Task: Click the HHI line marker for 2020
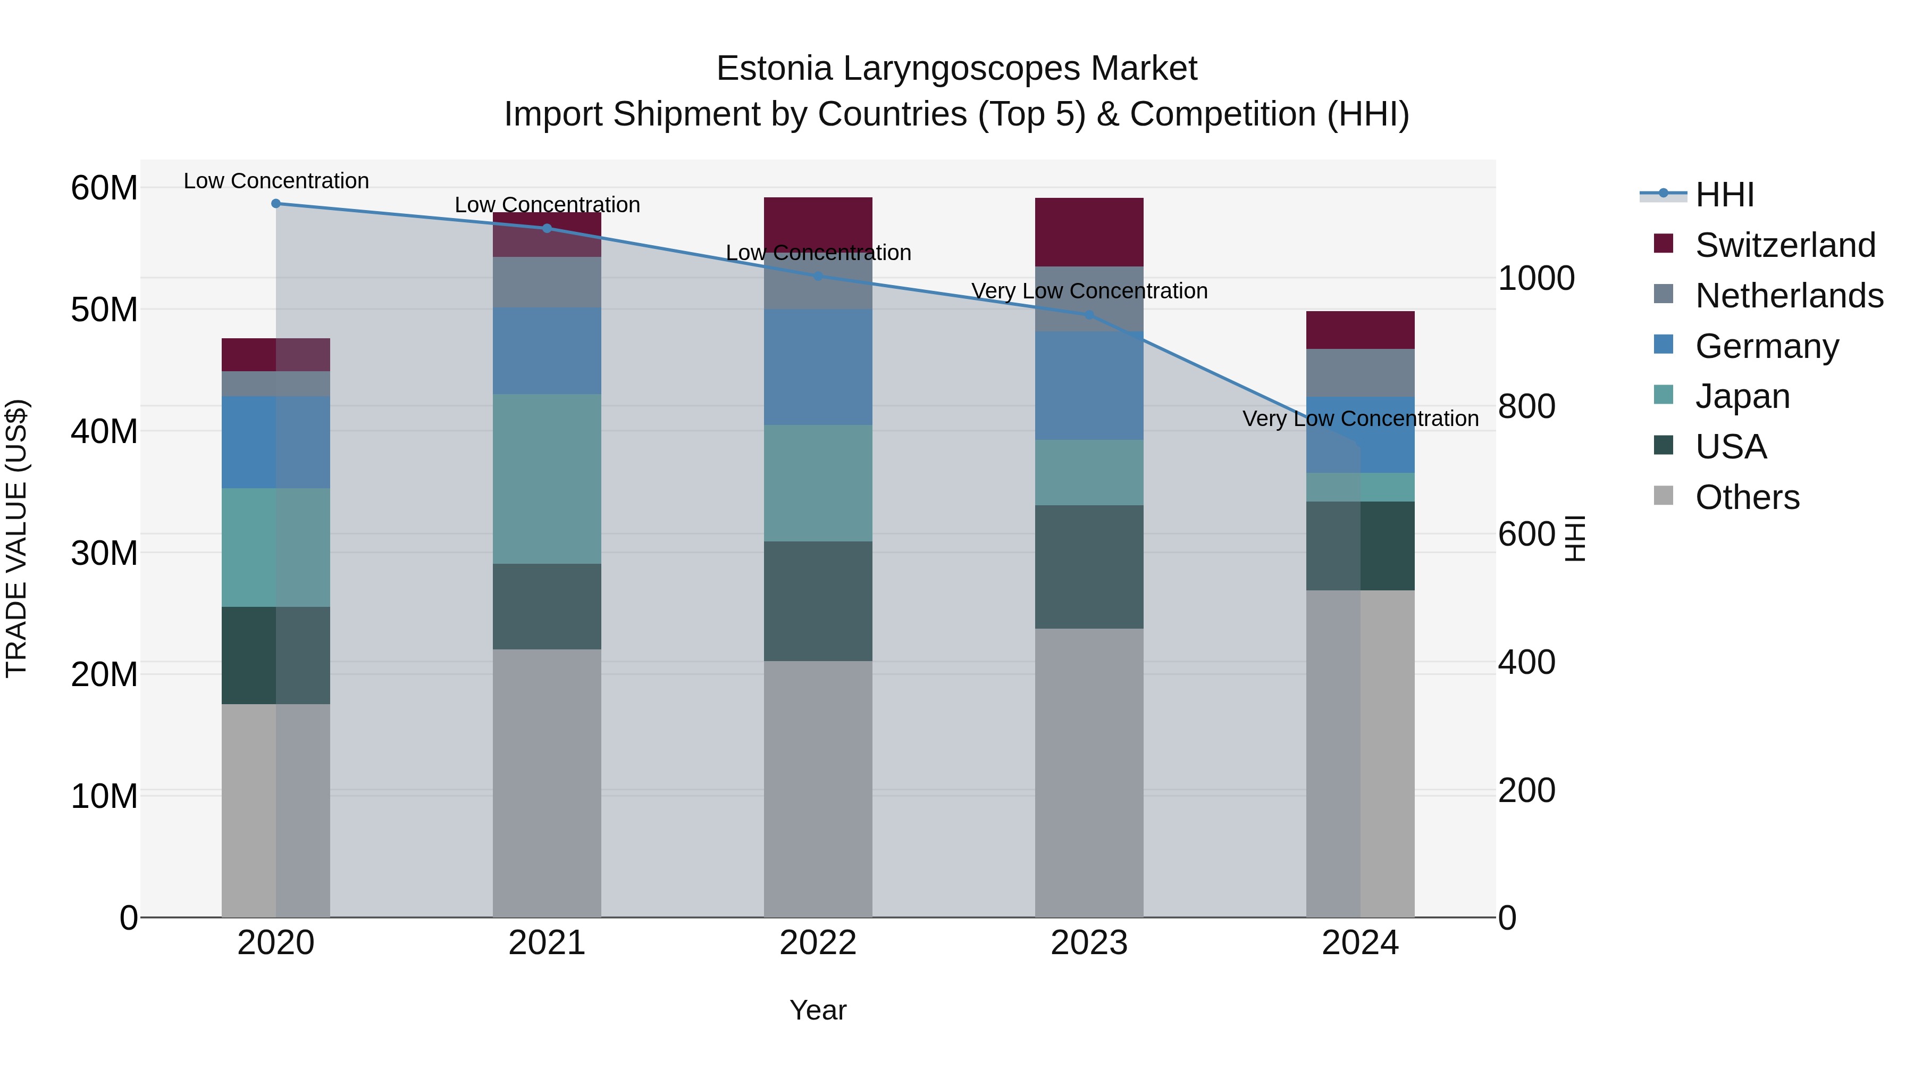click(275, 204)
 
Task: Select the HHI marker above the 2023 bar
click(1088, 315)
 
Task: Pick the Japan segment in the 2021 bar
click(547, 479)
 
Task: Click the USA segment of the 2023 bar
click(1088, 567)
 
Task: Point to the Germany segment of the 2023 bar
click(1088, 385)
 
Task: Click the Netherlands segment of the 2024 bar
click(1359, 373)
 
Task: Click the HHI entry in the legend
click(1724, 195)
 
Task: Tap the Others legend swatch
click(1663, 496)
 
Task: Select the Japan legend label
click(1742, 396)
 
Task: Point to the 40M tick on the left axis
click(104, 431)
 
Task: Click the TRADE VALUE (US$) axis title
click(16, 538)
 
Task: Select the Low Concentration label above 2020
click(275, 181)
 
